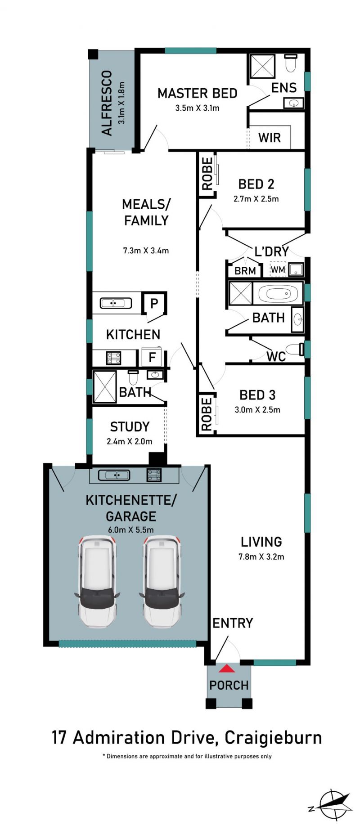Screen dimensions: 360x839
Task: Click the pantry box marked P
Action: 154,303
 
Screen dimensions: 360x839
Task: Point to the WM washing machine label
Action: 278,270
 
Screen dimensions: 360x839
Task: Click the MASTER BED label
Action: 197,94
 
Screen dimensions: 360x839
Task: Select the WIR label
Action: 269,137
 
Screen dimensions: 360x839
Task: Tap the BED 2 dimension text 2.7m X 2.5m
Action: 256,199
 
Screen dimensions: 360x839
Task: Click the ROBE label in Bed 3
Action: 207,414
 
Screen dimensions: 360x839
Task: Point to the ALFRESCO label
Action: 107,103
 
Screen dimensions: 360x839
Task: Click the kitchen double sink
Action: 116,303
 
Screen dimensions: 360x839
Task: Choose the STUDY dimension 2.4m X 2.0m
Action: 129,441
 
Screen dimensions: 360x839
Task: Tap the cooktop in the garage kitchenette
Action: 154,475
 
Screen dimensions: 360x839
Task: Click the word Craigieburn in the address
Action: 273,738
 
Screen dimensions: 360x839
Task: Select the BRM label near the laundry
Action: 245,271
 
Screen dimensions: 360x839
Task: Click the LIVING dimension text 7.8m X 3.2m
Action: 261,556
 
